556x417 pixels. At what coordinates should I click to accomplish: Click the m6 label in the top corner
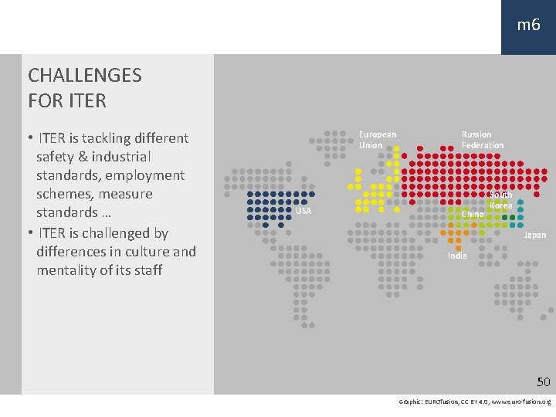click(x=528, y=25)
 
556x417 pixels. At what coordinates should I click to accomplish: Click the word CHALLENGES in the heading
click(x=85, y=75)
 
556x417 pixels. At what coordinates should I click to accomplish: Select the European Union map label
click(x=378, y=140)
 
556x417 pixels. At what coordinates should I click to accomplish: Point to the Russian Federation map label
click(x=483, y=140)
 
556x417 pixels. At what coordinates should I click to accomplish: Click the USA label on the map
click(x=303, y=212)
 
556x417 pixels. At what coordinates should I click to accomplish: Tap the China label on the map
click(x=473, y=214)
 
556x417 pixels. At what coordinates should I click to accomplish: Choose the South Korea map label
click(x=501, y=201)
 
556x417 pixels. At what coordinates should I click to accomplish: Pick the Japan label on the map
click(x=535, y=235)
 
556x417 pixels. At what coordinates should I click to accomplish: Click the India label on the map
click(x=457, y=256)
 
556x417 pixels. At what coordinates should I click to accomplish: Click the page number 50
click(x=544, y=381)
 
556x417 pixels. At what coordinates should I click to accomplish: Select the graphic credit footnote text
click(x=474, y=402)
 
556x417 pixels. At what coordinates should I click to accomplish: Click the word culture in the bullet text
click(x=146, y=252)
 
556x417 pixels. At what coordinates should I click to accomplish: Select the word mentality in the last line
click(x=67, y=270)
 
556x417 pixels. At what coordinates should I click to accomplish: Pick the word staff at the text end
click(x=145, y=270)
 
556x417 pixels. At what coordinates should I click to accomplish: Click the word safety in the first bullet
click(x=56, y=157)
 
